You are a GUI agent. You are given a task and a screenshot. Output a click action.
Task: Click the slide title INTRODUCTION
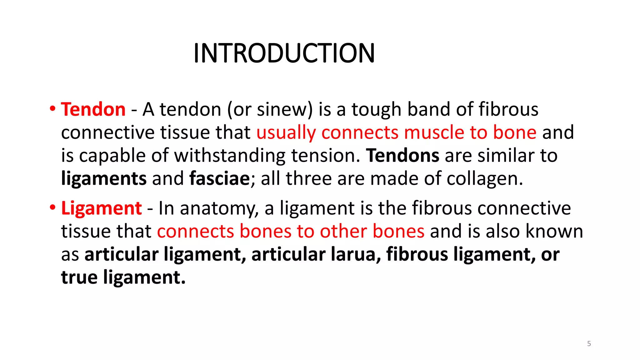click(284, 53)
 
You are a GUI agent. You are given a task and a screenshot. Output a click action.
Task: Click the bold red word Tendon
click(93, 109)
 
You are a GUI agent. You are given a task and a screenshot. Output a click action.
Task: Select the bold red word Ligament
click(102, 208)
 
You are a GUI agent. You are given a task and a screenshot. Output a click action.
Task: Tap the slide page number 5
click(589, 344)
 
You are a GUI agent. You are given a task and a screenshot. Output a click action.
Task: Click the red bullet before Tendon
click(52, 109)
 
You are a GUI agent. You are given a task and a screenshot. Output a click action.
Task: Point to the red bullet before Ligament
click(52, 207)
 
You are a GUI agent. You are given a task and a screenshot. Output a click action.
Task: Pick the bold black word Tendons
click(402, 156)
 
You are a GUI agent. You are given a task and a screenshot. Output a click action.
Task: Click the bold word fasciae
click(219, 179)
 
